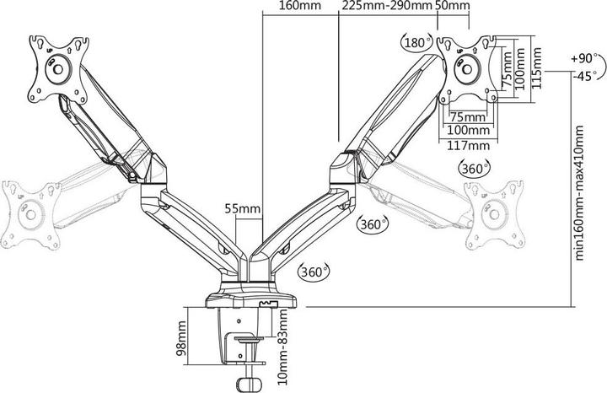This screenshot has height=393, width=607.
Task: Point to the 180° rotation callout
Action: tap(417, 43)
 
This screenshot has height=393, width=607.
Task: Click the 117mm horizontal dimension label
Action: tap(468, 145)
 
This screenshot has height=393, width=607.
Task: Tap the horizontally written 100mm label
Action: tap(468, 131)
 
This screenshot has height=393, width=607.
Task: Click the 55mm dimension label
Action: tap(243, 207)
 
